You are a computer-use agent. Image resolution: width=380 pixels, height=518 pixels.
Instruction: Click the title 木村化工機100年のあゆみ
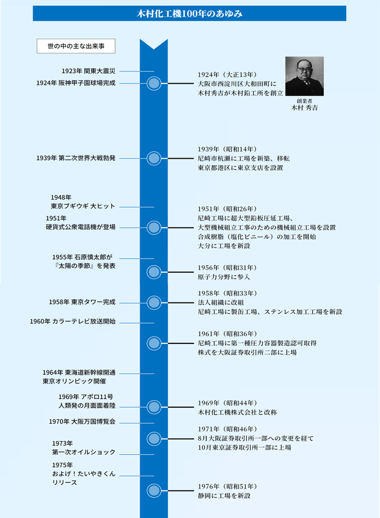tap(189, 14)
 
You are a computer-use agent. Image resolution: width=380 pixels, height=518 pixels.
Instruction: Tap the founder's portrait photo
tap(305, 76)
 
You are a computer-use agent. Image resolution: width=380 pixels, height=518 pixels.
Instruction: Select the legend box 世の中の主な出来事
tap(76, 46)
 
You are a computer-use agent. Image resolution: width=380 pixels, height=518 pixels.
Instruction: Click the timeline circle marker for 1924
tap(154, 83)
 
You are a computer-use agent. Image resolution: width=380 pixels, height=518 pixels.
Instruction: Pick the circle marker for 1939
tap(154, 159)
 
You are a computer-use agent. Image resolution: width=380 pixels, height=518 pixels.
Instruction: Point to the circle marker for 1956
tap(154, 272)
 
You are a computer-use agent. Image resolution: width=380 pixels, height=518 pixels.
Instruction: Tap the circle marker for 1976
tap(154, 490)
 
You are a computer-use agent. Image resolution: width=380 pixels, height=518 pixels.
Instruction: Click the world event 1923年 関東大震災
tap(89, 71)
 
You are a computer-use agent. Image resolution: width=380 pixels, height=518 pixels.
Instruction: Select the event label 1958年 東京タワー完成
tap(82, 302)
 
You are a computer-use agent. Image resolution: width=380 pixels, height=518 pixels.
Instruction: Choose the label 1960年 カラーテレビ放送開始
tap(73, 321)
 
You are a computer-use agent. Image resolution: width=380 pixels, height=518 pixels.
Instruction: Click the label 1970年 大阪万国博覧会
tap(82, 422)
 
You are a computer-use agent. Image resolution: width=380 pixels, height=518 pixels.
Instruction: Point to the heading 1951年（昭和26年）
tap(227, 209)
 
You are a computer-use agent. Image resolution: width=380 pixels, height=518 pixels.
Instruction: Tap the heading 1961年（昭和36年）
tap(227, 333)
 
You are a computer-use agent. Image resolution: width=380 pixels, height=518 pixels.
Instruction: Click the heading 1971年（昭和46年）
tap(227, 429)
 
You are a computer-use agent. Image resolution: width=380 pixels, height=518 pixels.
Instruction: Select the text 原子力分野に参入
tap(224, 277)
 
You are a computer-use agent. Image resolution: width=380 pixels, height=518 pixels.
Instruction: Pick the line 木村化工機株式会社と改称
tap(237, 412)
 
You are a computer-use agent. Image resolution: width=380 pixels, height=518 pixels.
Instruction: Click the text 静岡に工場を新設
tap(224, 495)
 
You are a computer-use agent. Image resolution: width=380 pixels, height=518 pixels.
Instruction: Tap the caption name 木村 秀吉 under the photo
tap(305, 107)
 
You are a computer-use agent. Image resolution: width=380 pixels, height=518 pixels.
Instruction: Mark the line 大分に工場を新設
tap(224, 246)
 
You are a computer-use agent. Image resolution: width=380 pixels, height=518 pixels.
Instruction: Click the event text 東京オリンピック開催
tap(74, 381)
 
